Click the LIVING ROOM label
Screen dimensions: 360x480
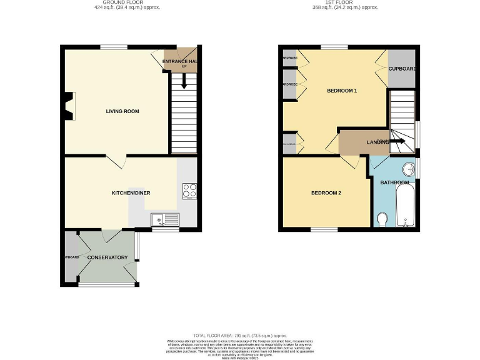(x=122, y=111)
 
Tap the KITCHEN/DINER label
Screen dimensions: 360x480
(x=131, y=193)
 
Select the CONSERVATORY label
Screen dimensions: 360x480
(x=107, y=257)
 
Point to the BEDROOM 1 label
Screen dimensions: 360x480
(x=342, y=91)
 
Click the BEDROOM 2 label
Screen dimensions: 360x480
(x=326, y=193)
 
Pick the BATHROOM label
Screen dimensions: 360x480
(x=395, y=182)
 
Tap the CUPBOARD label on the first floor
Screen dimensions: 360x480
(x=402, y=68)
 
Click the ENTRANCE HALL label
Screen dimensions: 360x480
(x=179, y=61)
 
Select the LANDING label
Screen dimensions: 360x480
(x=378, y=142)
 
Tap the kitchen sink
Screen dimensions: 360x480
(x=164, y=219)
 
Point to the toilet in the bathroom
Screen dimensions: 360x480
(x=382, y=219)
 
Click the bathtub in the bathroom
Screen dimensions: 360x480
(x=406, y=208)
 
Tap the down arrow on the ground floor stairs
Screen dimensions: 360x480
(x=184, y=82)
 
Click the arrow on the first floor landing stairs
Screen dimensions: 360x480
(x=397, y=142)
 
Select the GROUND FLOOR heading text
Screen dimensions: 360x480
(x=122, y=3)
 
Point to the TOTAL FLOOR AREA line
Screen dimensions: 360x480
(x=240, y=336)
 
